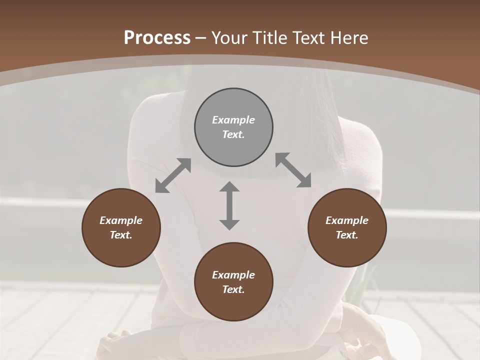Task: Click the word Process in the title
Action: tap(157, 38)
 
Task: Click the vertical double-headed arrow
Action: tap(229, 205)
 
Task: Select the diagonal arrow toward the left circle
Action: tap(173, 175)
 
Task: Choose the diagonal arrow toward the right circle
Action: tap(293, 170)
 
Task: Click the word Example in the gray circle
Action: tap(233, 120)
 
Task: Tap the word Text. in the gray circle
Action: tap(233, 134)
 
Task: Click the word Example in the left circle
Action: tap(121, 220)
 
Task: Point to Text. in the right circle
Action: tap(347, 235)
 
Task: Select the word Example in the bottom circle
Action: tap(233, 275)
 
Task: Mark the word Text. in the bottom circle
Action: tap(233, 289)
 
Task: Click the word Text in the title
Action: tap(310, 38)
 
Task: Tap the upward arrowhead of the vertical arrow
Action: tap(229, 186)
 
